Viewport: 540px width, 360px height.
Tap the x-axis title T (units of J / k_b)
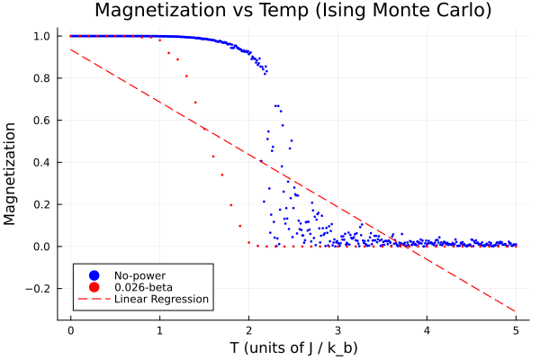[x=293, y=347]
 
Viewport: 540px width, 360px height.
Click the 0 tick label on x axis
[x=70, y=329]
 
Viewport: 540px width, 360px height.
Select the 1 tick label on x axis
[x=159, y=329]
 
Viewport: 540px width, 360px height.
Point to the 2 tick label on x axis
[x=248, y=329]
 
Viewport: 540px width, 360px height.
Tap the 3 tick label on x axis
[x=337, y=329]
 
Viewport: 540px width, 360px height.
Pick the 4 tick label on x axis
[x=427, y=329]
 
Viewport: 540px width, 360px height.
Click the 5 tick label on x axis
[x=516, y=329]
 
